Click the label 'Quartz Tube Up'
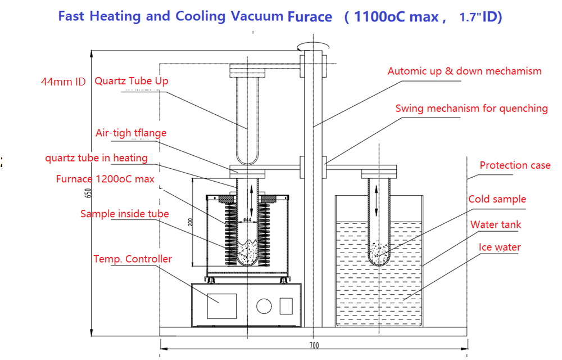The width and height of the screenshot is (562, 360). [x=131, y=81]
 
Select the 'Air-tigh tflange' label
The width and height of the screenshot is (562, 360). [x=131, y=133]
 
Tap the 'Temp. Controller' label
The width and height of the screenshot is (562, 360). [x=133, y=259]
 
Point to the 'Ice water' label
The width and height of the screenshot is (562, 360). [x=499, y=247]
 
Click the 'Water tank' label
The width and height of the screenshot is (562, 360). [x=496, y=224]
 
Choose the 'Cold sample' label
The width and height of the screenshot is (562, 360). [x=497, y=199]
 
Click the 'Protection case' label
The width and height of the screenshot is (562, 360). [x=515, y=165]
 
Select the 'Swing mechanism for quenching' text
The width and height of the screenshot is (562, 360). [x=471, y=109]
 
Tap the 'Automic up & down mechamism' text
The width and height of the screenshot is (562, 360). [x=464, y=71]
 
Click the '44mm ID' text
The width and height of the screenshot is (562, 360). [x=63, y=82]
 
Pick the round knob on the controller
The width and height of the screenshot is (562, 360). [x=264, y=307]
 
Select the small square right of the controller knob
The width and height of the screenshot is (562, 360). [x=286, y=306]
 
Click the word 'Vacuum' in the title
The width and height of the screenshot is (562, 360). [x=257, y=16]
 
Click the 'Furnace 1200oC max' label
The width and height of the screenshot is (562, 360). [x=105, y=179]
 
